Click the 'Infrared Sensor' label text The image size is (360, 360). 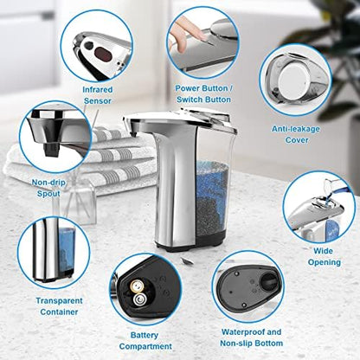(x=97, y=94)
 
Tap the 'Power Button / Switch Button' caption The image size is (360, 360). (x=203, y=93)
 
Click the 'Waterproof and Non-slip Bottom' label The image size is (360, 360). (x=249, y=337)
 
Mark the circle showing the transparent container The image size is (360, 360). (x=53, y=252)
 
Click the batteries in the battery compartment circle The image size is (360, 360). (x=136, y=294)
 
